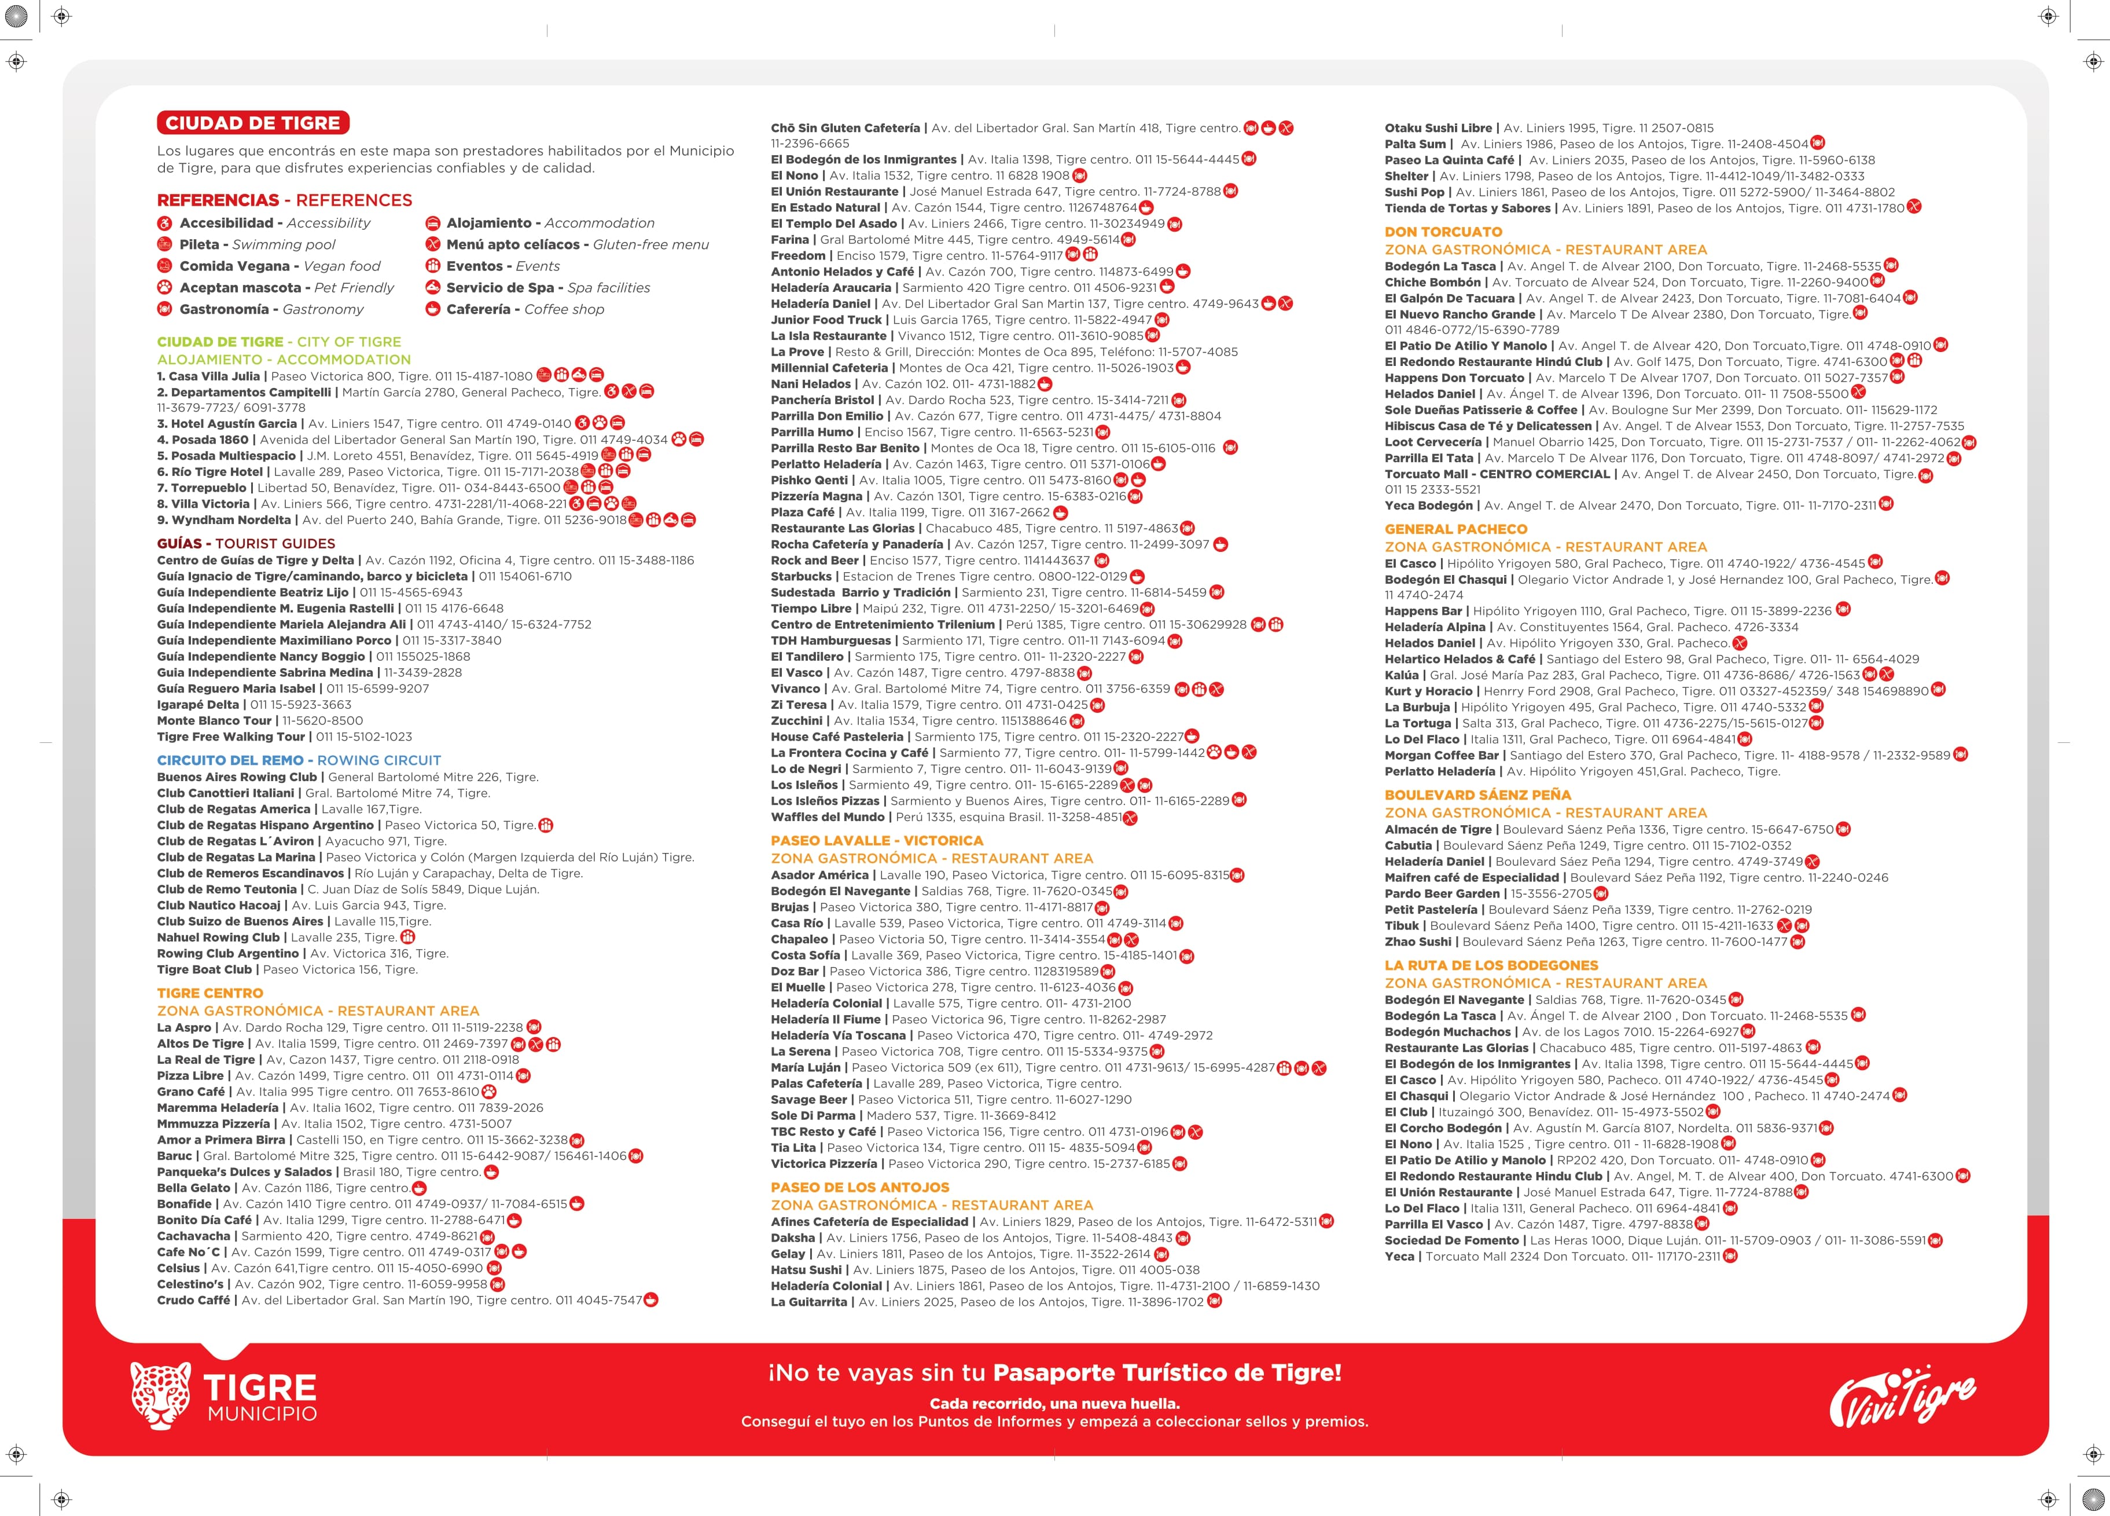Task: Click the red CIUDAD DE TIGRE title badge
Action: coord(253,123)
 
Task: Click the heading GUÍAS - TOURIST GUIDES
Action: coord(245,544)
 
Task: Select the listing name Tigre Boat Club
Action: coord(205,970)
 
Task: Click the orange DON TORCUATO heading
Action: coord(1443,232)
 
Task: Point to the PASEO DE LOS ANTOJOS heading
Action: coord(859,1188)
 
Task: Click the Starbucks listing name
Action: coord(801,577)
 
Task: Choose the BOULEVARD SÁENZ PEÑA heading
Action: coord(1477,794)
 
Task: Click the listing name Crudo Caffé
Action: coord(193,1300)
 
